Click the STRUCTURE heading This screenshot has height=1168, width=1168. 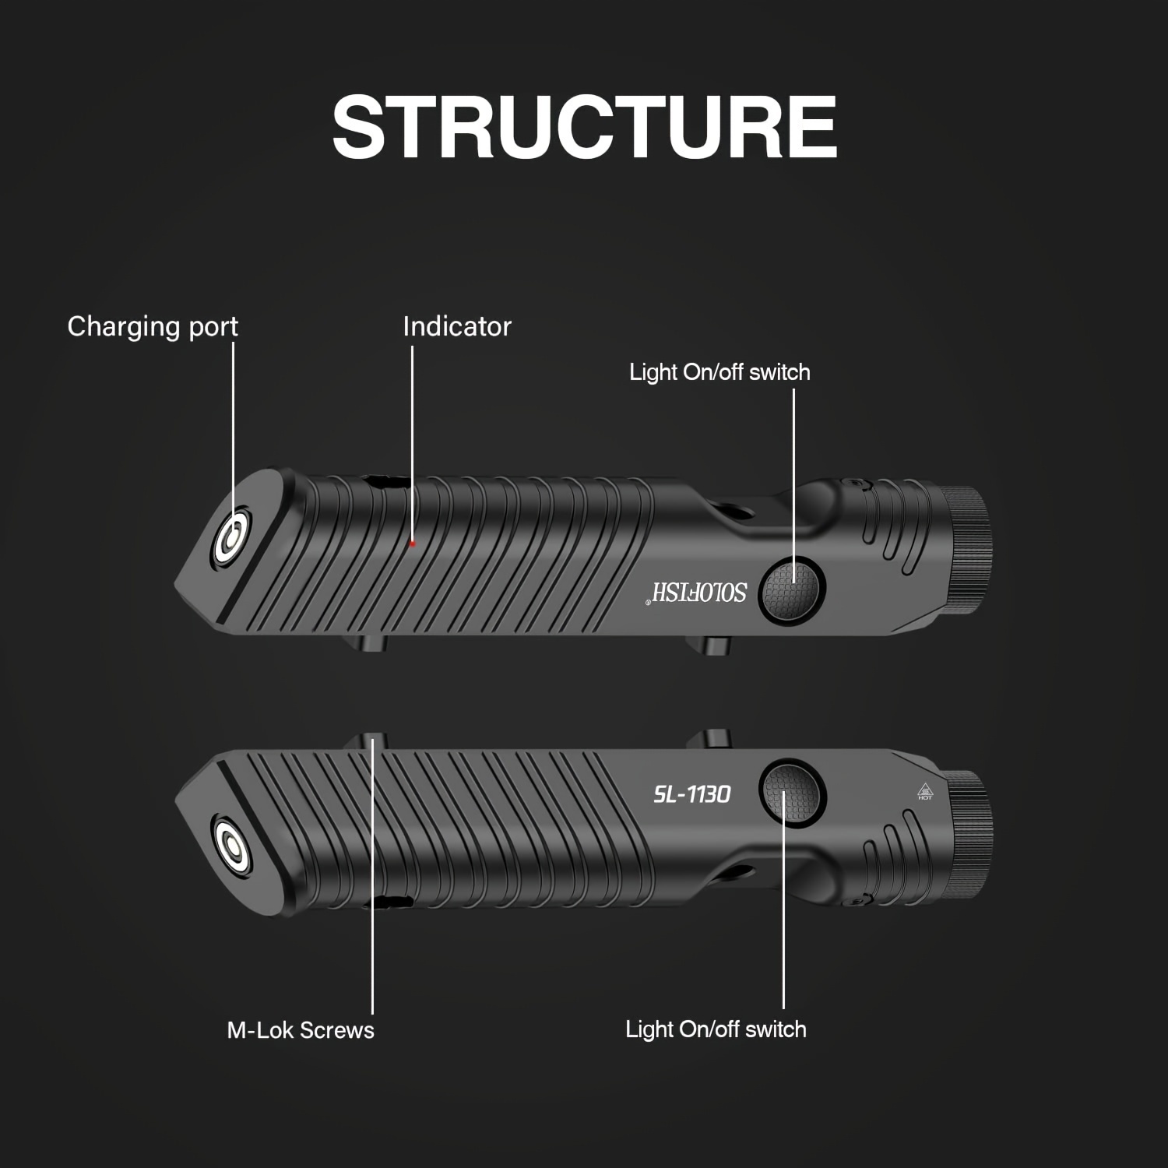(x=584, y=127)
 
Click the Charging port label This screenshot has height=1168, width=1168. (x=153, y=326)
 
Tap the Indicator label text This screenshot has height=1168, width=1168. (x=457, y=326)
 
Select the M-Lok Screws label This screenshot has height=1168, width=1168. (x=301, y=1030)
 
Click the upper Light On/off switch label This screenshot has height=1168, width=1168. (x=719, y=372)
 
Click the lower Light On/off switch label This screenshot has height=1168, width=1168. (x=716, y=1029)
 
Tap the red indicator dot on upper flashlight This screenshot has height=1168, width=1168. (x=413, y=544)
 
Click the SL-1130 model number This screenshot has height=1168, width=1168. (x=691, y=794)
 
